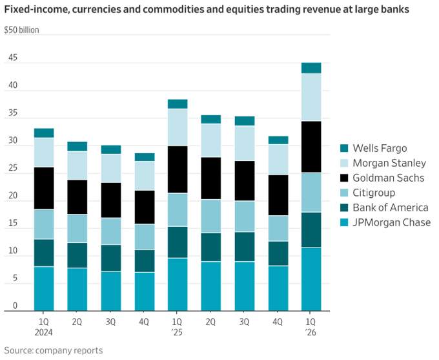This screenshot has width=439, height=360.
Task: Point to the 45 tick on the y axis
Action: [12, 58]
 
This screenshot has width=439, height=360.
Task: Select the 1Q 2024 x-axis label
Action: [44, 326]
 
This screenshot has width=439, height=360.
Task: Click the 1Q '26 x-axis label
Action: [311, 326]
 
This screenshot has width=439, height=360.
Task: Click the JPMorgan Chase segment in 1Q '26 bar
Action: [311, 279]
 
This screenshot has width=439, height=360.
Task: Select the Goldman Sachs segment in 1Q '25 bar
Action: [178, 169]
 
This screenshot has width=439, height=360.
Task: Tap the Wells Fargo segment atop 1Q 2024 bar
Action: [44, 132]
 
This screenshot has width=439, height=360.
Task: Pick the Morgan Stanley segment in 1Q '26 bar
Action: [311, 97]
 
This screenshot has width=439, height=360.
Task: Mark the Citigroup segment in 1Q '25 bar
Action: [178, 209]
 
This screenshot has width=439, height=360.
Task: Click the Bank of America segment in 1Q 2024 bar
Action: [44, 253]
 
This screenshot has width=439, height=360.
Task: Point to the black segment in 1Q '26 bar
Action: [311, 147]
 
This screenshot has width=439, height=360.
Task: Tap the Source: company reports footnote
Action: [54, 350]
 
